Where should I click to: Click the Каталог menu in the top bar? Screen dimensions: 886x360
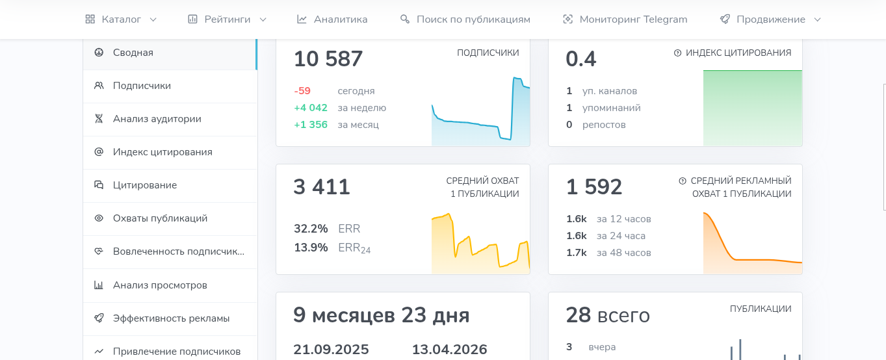121,19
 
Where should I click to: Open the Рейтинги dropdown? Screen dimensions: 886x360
227,19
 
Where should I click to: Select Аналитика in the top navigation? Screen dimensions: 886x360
332,19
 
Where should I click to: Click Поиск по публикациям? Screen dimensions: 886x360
465,19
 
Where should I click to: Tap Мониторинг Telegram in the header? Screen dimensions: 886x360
625,19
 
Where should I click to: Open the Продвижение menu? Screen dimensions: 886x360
770,19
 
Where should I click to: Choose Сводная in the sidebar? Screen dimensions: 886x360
133,53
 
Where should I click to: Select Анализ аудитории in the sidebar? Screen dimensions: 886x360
157,119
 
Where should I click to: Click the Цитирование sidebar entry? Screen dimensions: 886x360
145,185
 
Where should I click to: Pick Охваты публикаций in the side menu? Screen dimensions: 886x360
160,218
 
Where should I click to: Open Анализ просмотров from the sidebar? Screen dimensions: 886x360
160,285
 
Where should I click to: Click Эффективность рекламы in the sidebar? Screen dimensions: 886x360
171,318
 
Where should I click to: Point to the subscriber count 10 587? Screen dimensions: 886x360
328,59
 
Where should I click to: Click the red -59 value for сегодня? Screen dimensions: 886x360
302,91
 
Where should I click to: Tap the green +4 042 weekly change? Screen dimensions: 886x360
311,108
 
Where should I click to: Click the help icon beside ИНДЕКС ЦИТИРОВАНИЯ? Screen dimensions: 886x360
677,53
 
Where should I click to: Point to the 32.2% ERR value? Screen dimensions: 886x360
311,229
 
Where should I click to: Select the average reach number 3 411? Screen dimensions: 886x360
322,187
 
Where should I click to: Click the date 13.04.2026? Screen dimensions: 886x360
449,350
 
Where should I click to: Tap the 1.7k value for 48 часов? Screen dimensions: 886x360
577,253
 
